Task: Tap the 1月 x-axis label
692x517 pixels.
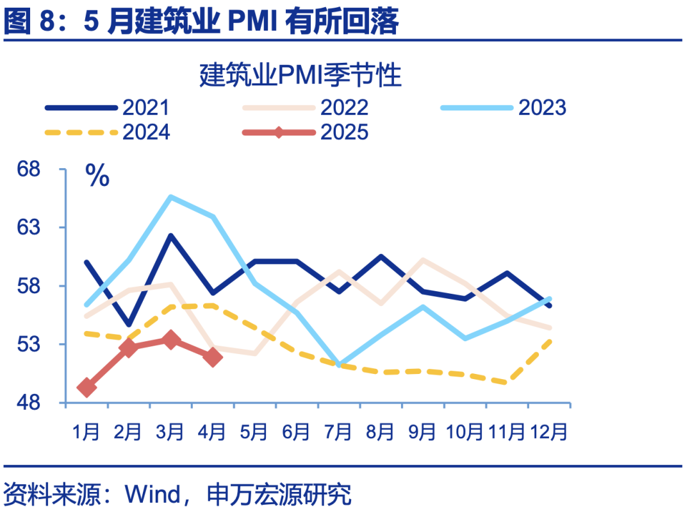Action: point(86,432)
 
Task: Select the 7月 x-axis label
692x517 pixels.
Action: point(338,432)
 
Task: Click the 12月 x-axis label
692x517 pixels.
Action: point(549,432)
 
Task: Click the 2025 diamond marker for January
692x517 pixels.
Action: point(86,387)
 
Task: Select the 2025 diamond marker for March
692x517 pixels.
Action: point(170,340)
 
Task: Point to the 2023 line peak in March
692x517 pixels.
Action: point(170,197)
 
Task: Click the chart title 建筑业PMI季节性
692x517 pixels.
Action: point(300,76)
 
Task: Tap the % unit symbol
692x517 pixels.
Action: point(97,175)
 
